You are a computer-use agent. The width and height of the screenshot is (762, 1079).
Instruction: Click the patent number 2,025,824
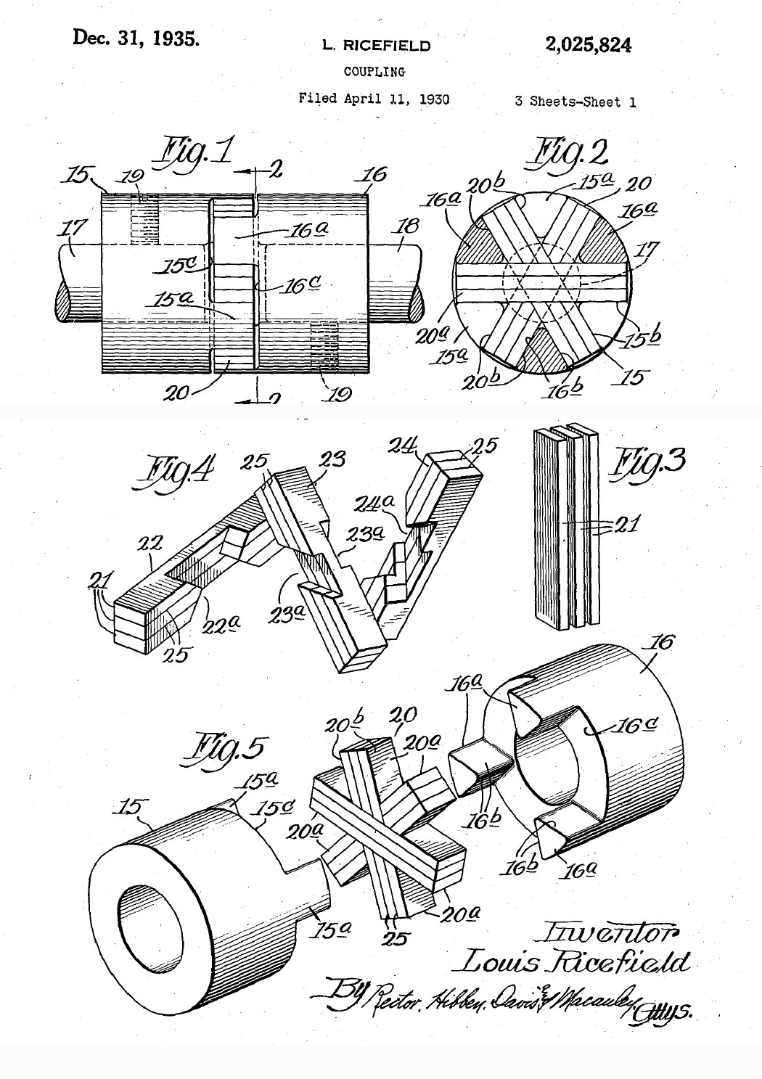588,45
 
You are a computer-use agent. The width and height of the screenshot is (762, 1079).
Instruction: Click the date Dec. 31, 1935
136,38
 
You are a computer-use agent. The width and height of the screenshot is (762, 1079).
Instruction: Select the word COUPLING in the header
374,72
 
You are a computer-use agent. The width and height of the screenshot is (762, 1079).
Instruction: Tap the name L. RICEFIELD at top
376,46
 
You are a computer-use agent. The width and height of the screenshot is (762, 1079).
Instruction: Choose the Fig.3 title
648,461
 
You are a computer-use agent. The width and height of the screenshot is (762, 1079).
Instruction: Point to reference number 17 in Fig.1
71,229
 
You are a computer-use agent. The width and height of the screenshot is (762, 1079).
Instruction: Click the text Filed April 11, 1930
374,99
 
